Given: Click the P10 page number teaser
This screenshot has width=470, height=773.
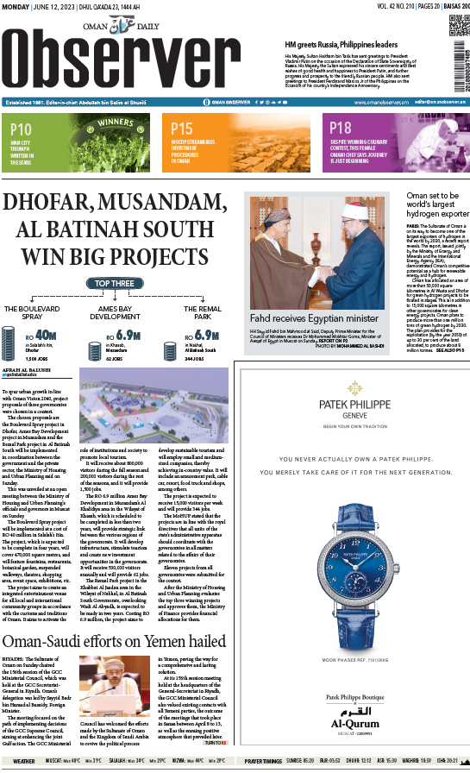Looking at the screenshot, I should pos(22,129).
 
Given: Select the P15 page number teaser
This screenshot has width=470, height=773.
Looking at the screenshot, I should pos(182,129).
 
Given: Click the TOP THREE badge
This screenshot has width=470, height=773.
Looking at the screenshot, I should pos(114,283).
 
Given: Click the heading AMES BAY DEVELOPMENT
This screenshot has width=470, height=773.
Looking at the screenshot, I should pos(119,311).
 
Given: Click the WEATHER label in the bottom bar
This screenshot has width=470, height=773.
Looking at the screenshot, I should pos(24,761).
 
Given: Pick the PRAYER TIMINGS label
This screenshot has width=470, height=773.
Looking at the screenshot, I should pos(263,761).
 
